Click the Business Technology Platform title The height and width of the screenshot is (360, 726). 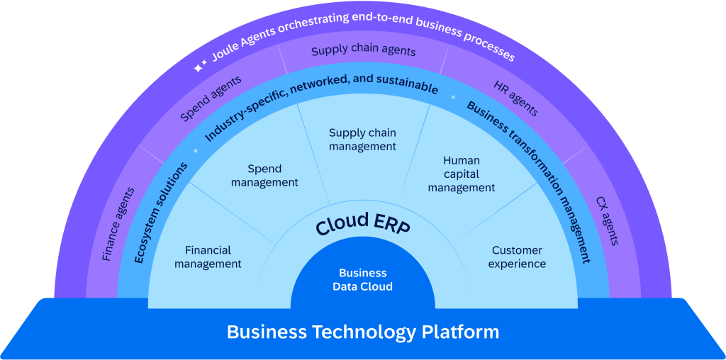pyautogui.click(x=362, y=332)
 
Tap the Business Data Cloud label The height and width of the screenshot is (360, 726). pyautogui.click(x=362, y=280)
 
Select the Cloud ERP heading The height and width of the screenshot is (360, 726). pyautogui.click(x=362, y=225)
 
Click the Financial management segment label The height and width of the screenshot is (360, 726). pyautogui.click(x=208, y=257)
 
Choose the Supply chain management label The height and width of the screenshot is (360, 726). pyautogui.click(x=362, y=140)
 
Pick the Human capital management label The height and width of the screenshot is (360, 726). pyautogui.click(x=461, y=174)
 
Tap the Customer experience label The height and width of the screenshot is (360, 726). pyautogui.click(x=517, y=257)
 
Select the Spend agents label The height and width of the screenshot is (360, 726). pyautogui.click(x=211, y=99)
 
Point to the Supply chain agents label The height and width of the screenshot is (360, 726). pyautogui.click(x=363, y=51)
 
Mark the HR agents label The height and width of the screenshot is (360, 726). pyautogui.click(x=515, y=99)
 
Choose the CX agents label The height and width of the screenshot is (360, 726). pyautogui.click(x=607, y=221)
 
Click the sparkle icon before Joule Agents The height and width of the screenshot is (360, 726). pyautogui.click(x=200, y=67)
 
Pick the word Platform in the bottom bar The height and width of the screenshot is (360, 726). pyautogui.click(x=462, y=332)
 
